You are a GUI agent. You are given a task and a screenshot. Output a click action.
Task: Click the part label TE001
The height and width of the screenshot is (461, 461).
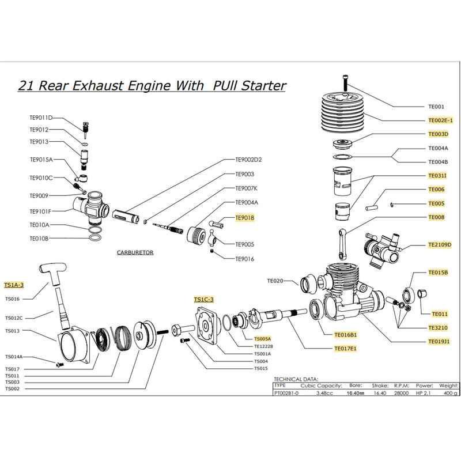[436, 107]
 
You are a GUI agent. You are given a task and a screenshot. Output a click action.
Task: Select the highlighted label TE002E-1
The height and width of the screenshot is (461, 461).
[440, 120]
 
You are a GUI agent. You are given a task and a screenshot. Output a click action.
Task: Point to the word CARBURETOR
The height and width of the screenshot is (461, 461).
[135, 252]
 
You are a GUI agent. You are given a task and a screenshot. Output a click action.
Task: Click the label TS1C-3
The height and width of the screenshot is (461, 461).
[203, 299]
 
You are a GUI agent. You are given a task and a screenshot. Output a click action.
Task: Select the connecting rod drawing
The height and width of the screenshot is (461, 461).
[344, 243]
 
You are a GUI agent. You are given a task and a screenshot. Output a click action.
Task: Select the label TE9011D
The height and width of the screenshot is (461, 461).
[41, 118]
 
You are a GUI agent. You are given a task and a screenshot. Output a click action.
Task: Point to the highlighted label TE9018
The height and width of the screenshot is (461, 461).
[244, 218]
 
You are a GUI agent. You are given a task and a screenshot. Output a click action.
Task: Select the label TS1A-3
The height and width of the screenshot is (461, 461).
[14, 285]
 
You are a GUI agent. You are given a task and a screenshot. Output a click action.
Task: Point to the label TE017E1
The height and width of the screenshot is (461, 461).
[345, 348]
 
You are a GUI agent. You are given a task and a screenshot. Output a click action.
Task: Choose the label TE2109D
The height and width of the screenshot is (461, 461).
[440, 244]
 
